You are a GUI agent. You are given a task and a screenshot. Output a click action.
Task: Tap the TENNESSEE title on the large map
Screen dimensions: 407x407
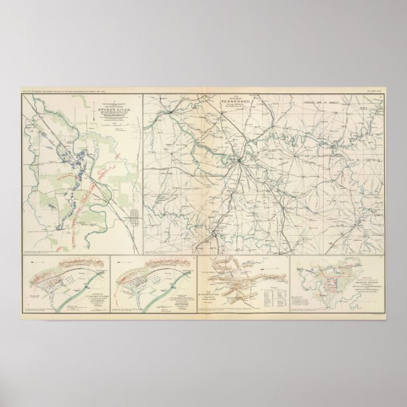coord(236,100)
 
